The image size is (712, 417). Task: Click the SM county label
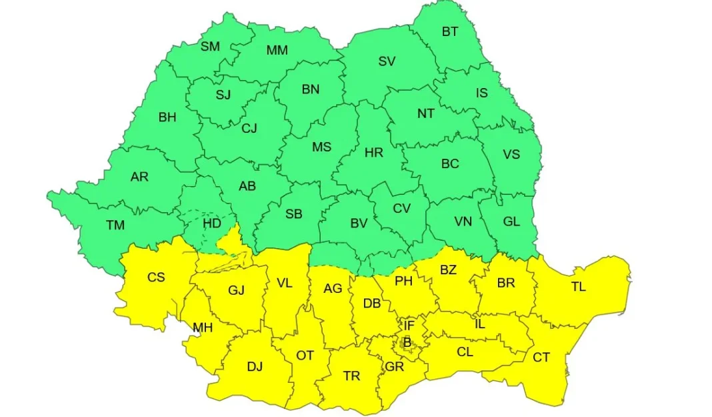[x=210, y=47]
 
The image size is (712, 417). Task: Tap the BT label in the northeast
[x=450, y=31]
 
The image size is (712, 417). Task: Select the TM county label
[x=115, y=226]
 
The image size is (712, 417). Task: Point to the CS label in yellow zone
[x=156, y=277]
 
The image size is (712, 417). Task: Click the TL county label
[x=578, y=287]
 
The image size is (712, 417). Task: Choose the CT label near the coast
[x=541, y=358]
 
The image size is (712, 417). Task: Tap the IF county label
[x=409, y=326]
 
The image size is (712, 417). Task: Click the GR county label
[x=394, y=367]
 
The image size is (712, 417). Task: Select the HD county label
[x=212, y=224]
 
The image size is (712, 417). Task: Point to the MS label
[x=321, y=147]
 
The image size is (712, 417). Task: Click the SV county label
[x=387, y=61]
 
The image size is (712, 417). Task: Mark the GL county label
[x=511, y=222]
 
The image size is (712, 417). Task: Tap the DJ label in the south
[x=255, y=366]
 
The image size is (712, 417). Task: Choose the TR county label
[x=351, y=376]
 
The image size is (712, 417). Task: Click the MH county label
[x=203, y=328]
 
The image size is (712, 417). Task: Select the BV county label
[x=359, y=224]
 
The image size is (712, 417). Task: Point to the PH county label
[x=403, y=282]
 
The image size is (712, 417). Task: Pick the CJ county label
[x=249, y=128]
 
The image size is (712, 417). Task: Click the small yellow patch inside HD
[x=233, y=240]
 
